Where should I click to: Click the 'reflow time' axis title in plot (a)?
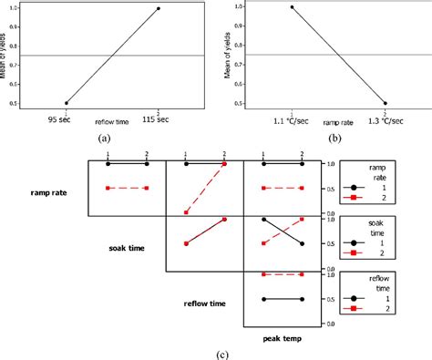coord(112,121)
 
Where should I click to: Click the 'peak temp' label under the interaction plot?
coord(281,337)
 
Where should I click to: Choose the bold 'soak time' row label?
coord(127,247)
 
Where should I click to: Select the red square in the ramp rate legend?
coord(352,196)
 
